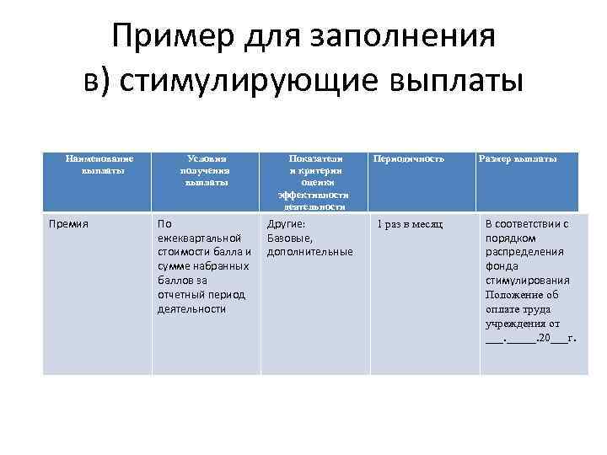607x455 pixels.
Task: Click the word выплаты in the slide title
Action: pos(453,83)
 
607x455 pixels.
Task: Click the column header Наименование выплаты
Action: pos(98,163)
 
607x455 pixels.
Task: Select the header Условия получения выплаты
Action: pos(207,169)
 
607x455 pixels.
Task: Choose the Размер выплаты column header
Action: pos(517,158)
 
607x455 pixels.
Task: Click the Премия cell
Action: pos(69,224)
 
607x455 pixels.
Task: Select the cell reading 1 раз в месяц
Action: pos(410,224)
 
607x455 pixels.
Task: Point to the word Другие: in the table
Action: pos(286,224)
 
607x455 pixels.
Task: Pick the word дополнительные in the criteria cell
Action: pos(309,252)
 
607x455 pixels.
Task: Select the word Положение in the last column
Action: pos(516,295)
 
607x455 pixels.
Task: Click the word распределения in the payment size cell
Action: pos(526,252)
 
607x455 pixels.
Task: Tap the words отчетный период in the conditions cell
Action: pos(201,295)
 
